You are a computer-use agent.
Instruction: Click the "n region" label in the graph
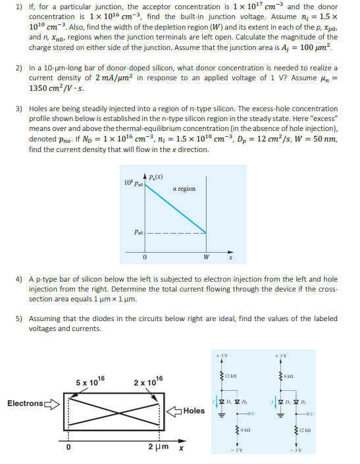184,188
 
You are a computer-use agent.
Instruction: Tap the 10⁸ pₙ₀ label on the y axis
132,182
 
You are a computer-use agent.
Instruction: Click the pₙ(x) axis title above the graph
156,174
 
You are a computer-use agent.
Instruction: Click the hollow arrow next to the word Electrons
51,403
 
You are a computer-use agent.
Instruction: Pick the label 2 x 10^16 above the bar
146,382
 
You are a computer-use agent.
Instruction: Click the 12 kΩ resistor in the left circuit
228,375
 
